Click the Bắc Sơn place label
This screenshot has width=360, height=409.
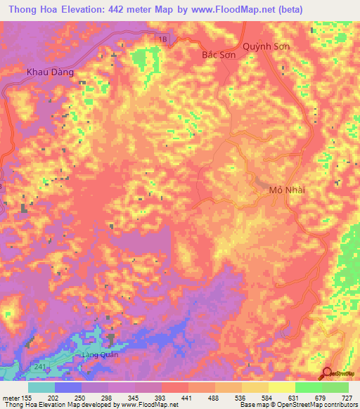pos(216,53)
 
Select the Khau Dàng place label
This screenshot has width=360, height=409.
pos(49,72)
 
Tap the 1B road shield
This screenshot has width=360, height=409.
pos(163,41)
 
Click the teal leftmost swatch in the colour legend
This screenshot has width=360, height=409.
pos(41,387)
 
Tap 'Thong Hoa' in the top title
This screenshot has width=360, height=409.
pos(31,10)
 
